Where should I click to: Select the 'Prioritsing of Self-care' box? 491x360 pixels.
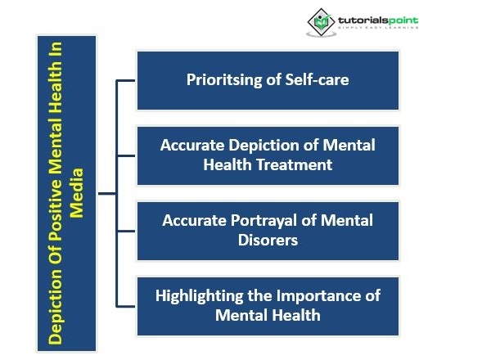point(268,80)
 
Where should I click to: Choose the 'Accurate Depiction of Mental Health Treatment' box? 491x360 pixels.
point(268,155)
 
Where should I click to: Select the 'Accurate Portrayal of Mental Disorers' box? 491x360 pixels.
point(268,230)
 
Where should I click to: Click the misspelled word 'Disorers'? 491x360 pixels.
point(268,240)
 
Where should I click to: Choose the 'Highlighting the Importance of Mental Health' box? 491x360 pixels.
point(268,304)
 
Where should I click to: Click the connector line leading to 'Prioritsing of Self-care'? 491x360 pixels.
point(126,80)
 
